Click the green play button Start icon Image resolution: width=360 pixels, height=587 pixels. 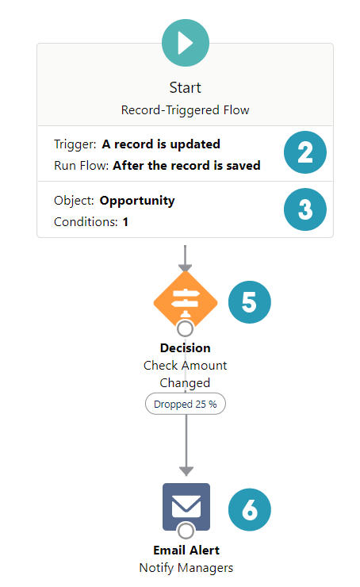186,43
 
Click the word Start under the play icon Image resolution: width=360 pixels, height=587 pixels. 186,87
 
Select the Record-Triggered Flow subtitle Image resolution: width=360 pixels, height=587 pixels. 186,110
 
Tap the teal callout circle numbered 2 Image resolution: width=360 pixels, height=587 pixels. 305,152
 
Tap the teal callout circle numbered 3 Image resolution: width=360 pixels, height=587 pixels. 305,209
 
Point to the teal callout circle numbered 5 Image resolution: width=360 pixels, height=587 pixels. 250,302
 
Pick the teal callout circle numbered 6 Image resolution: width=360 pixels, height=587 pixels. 250,509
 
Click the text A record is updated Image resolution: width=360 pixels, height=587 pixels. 161,144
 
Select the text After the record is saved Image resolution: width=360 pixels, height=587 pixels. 186,166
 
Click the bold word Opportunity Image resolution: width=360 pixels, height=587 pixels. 137,201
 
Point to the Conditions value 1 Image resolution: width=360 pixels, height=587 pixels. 125,222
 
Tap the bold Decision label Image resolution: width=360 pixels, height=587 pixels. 186,348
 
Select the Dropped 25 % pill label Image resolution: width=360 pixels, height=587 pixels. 186,404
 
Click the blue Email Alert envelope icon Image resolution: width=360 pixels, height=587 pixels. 186,507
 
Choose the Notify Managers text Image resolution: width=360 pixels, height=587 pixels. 186,568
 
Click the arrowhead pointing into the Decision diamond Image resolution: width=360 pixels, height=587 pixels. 186,267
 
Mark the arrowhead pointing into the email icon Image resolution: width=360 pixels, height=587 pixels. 186,471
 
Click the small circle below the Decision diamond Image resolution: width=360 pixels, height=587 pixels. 186,328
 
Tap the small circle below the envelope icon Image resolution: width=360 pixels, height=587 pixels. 186,531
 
